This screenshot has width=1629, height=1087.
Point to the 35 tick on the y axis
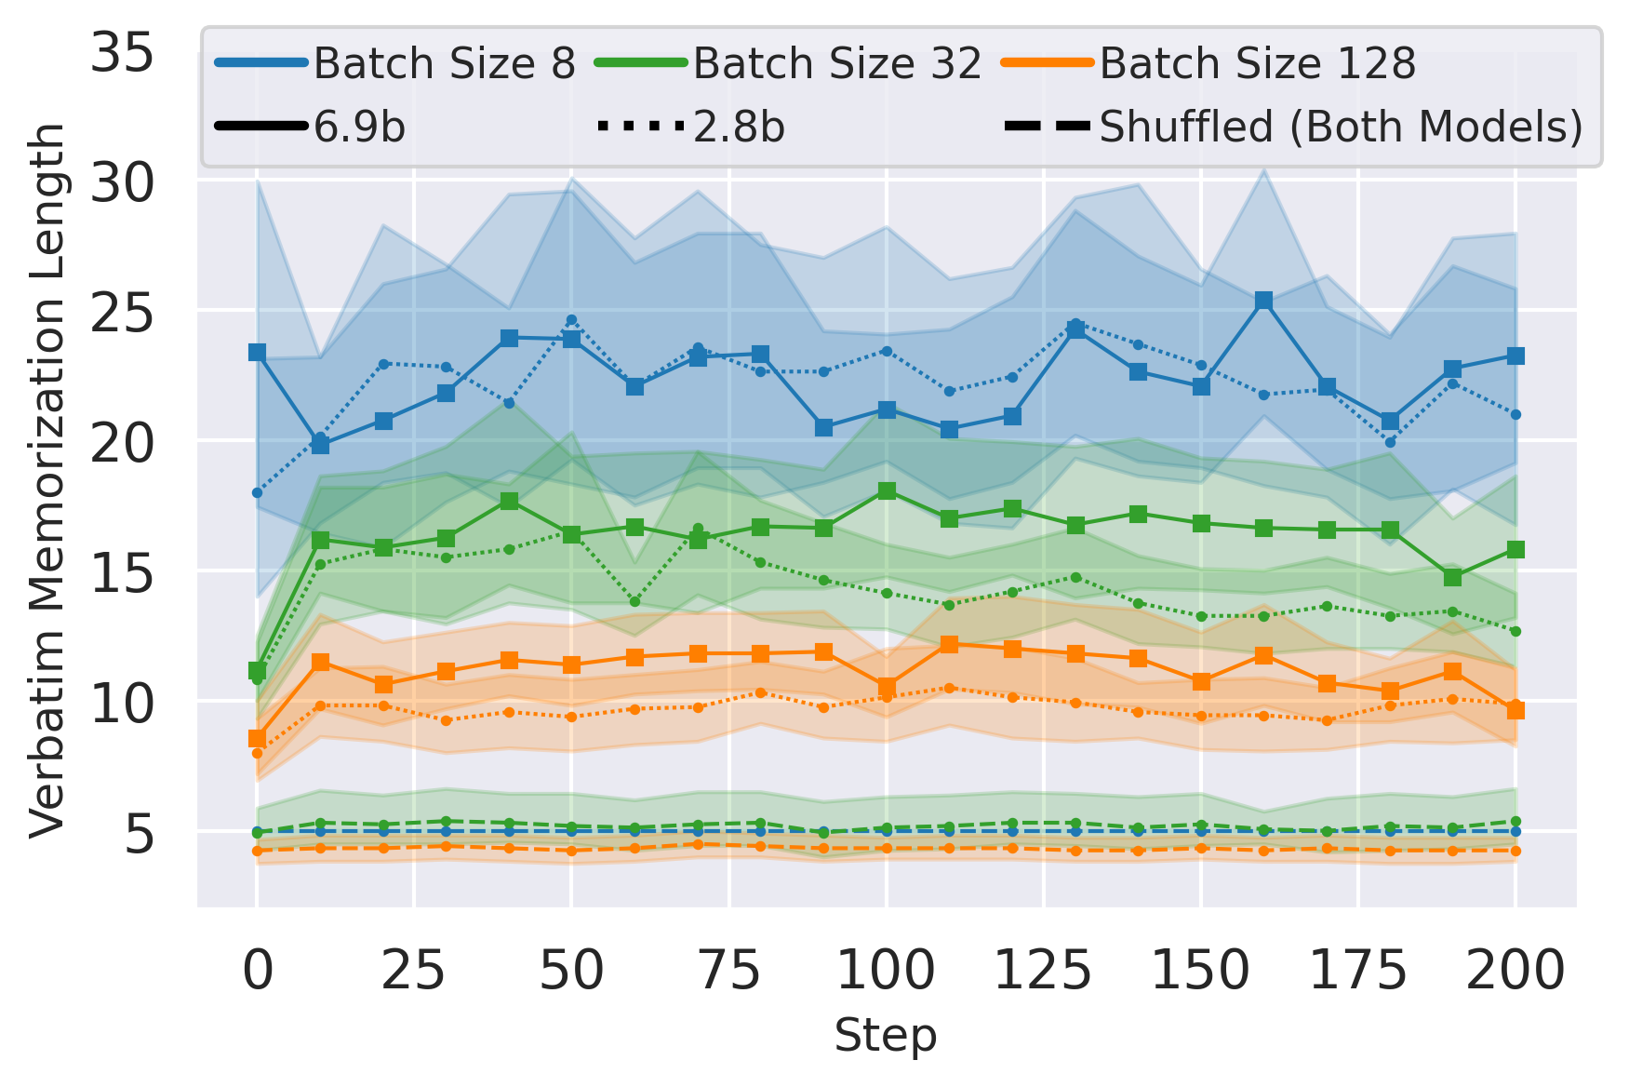122,54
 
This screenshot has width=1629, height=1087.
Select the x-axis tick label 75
728,971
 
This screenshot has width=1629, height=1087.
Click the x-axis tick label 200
1516,971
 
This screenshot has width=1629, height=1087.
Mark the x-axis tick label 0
258,971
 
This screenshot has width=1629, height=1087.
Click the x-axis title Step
885,1036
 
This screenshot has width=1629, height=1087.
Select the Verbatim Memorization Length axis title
47,479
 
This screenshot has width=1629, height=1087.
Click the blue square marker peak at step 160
1263,301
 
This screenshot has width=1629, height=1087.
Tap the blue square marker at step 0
258,353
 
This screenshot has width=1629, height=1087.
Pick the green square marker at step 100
887,490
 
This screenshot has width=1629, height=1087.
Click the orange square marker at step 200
1516,710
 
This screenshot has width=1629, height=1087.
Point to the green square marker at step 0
258,670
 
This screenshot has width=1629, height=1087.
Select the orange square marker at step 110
949,644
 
